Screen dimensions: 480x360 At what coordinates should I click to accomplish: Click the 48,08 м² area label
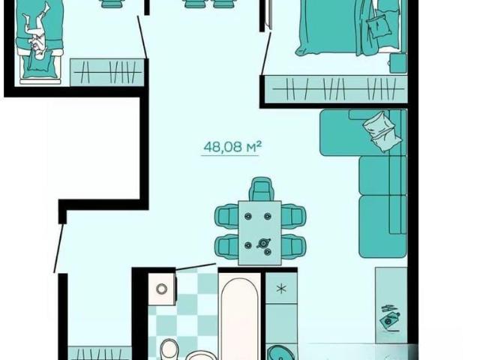(232, 147)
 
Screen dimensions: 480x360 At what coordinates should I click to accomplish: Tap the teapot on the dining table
(263, 243)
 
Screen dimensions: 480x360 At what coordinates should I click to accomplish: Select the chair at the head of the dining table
(261, 189)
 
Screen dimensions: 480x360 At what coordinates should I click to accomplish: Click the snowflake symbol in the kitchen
(281, 288)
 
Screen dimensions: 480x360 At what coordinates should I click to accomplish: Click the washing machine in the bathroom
(162, 288)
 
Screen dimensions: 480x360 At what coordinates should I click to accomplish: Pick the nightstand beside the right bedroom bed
(398, 63)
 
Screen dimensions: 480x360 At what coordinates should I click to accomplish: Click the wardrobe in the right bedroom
(336, 88)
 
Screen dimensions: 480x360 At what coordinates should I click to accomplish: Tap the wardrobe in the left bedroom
(106, 72)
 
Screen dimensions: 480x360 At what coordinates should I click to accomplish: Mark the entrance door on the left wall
(58, 248)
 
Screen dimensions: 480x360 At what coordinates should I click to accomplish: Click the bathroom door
(196, 267)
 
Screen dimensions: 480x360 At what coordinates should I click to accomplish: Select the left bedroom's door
(142, 37)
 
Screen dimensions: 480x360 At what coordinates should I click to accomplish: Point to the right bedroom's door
(265, 53)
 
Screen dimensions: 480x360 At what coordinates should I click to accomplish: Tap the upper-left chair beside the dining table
(226, 216)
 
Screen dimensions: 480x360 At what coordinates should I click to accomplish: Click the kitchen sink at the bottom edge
(280, 352)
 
